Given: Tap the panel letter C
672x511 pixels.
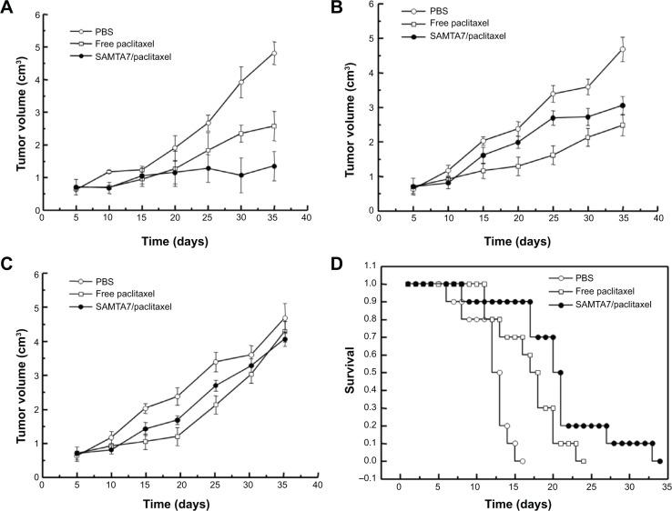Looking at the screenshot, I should pos(8,266).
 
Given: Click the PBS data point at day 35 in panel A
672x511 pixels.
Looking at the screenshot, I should pos(274,53).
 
